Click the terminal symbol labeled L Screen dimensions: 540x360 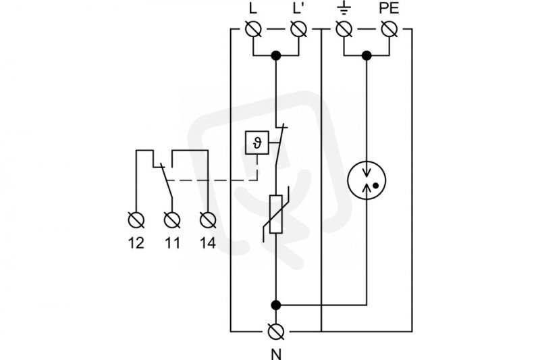[x=253, y=29]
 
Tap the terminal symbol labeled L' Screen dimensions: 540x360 [x=298, y=29]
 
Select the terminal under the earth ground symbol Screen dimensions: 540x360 [x=344, y=29]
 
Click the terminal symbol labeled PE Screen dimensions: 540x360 [x=389, y=29]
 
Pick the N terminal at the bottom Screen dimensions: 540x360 [x=276, y=332]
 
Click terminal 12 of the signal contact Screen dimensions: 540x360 [x=136, y=220]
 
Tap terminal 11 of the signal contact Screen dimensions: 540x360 [x=172, y=220]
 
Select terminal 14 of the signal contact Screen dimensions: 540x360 [x=208, y=220]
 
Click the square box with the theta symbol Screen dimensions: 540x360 [x=257, y=143]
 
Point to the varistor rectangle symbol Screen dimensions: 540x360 [x=276, y=214]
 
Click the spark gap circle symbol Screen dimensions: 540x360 [x=367, y=180]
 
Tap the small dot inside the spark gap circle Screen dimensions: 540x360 [x=376, y=186]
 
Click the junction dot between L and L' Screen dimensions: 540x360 [x=276, y=55]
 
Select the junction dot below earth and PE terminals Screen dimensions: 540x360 [x=367, y=55]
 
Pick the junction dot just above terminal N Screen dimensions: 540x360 [x=276, y=305]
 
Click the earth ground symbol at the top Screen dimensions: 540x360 [x=344, y=9]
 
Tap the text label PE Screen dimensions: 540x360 [x=389, y=9]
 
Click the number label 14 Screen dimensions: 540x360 [x=208, y=243]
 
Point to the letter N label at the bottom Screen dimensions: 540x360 [x=276, y=354]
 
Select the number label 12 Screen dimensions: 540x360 [x=136, y=243]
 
